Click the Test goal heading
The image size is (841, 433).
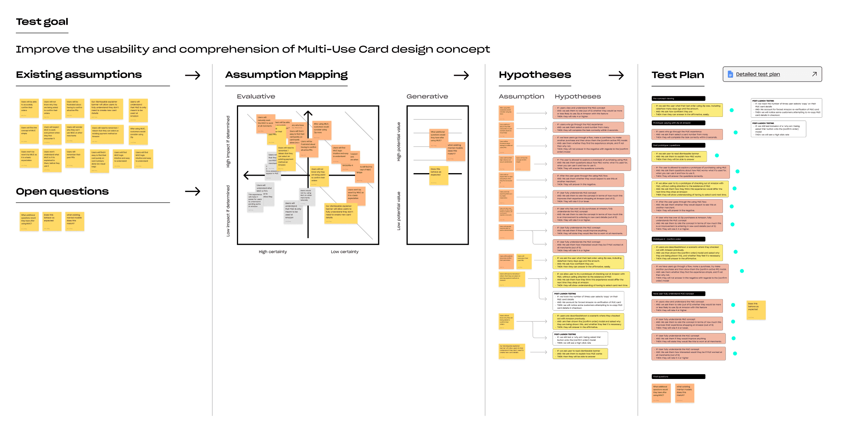click(x=42, y=22)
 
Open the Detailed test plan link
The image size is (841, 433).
click(x=757, y=74)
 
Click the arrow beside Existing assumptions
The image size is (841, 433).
click(x=192, y=75)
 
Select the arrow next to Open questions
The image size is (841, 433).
click(x=192, y=191)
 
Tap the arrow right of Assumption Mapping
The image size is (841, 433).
click(x=461, y=75)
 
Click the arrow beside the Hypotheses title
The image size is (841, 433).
click(x=616, y=75)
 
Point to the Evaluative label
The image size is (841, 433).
click(x=256, y=96)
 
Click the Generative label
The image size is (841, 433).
click(x=427, y=96)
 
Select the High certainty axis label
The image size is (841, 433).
click(x=273, y=252)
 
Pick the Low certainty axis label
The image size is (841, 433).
click(x=344, y=252)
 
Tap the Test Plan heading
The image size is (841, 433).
click(x=678, y=75)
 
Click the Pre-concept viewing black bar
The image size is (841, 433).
click(x=678, y=99)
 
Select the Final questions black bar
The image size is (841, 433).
click(x=678, y=376)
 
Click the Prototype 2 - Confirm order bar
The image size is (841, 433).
click(x=678, y=239)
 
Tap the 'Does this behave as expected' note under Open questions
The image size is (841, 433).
click(x=52, y=221)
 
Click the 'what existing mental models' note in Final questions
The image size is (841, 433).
click(x=684, y=393)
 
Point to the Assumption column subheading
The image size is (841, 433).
click(x=521, y=96)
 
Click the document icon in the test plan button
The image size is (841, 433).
click(x=730, y=74)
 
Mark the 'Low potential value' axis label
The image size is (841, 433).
click(x=398, y=211)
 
